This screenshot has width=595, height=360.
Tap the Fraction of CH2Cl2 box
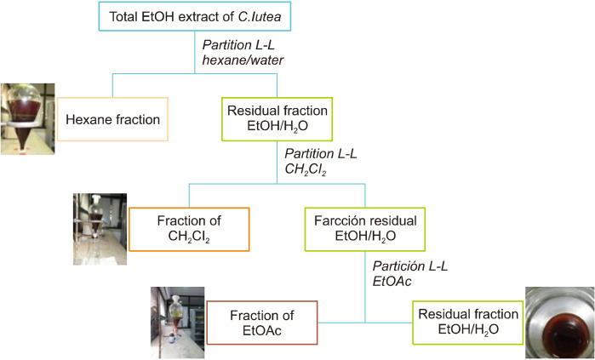tap(188, 229)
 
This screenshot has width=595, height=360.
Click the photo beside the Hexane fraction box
tap(28, 119)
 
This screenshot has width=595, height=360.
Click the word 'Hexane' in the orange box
tap(91, 119)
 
